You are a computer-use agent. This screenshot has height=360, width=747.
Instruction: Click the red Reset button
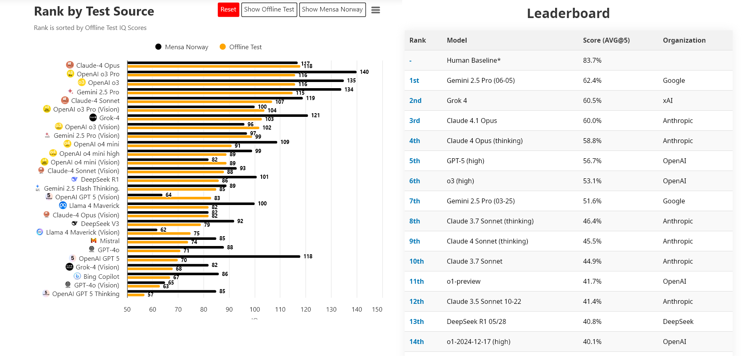coord(228,10)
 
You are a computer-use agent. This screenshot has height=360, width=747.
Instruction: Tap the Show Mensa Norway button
coord(332,10)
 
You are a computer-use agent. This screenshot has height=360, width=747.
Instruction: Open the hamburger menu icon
coord(376,10)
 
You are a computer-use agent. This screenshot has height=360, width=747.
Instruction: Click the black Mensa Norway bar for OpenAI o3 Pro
coord(242,72)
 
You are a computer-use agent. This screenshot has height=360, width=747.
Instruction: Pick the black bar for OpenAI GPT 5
coord(214,256)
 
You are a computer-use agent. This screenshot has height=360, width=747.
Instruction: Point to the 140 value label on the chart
coord(364,72)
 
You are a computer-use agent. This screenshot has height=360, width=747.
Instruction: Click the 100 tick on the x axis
coord(255,310)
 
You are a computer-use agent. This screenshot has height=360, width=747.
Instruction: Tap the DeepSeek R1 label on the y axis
coord(100,180)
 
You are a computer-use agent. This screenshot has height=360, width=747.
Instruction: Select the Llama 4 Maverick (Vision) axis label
coord(82,232)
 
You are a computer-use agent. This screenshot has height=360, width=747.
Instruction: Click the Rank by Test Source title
coord(94,11)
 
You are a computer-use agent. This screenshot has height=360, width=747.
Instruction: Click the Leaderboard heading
coord(568,14)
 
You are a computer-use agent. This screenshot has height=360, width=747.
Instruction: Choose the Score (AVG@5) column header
coord(606,40)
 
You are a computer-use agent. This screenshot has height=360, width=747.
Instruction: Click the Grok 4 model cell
coord(457,100)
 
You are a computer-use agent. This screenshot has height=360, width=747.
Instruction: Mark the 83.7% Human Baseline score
coord(592,60)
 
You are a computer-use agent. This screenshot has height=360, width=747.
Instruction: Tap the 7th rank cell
coord(414,201)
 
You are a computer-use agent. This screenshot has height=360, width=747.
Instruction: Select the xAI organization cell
coord(667,100)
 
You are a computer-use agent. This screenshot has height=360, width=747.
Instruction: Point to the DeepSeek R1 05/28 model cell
coord(476,321)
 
